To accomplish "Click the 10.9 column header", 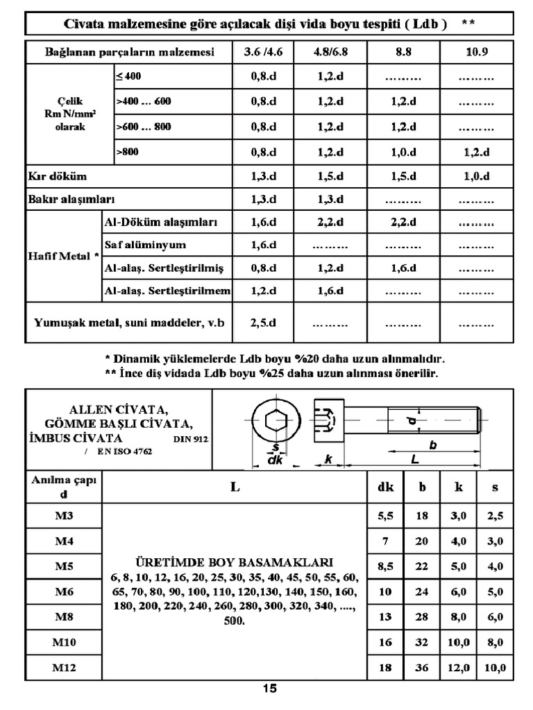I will click(x=476, y=52).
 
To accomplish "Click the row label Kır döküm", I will click(x=58, y=176).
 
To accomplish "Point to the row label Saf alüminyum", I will click(x=145, y=245).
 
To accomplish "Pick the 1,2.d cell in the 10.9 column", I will click(x=476, y=153).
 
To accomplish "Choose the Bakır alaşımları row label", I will click(x=70, y=200).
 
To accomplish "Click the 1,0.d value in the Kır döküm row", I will click(x=476, y=176).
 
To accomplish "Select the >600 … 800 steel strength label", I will click(x=143, y=127).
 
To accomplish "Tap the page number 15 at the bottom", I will click(x=269, y=689).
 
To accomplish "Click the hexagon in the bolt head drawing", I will click(x=276, y=421).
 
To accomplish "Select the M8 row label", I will click(x=64, y=616).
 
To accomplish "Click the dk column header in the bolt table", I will click(x=385, y=487).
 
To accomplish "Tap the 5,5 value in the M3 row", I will click(x=385, y=516).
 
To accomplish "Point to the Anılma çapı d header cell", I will click(x=64, y=487).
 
